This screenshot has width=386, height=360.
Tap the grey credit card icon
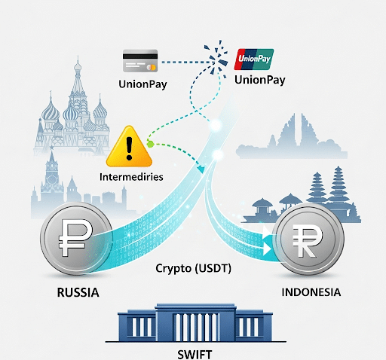pyautogui.click(x=140, y=61)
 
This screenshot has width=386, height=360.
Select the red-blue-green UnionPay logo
pyautogui.click(x=254, y=59)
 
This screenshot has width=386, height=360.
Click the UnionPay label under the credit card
pyautogui.click(x=142, y=84)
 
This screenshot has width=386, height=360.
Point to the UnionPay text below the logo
pyautogui.click(x=260, y=80)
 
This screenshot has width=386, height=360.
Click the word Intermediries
pyautogui.click(x=131, y=177)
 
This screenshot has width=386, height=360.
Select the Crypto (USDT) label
pyautogui.click(x=193, y=268)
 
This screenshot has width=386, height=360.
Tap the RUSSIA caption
pyautogui.click(x=78, y=292)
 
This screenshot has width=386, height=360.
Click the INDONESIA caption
pyautogui.click(x=311, y=292)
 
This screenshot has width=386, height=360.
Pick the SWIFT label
pyautogui.click(x=195, y=355)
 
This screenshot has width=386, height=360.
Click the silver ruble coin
pyautogui.click(x=76, y=238)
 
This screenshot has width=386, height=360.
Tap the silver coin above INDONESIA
pyautogui.click(x=308, y=239)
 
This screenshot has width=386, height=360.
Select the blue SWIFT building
pyautogui.click(x=195, y=323)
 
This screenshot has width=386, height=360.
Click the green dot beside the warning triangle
pyautogui.click(x=150, y=145)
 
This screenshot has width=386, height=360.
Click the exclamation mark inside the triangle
pyautogui.click(x=129, y=148)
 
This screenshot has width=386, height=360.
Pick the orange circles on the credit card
pyautogui.click(x=152, y=67)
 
